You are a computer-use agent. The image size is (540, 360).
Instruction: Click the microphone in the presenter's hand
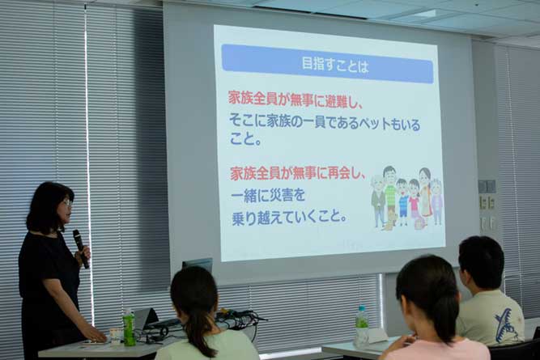(x=81, y=248)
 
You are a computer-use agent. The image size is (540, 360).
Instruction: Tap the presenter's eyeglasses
(x=67, y=202)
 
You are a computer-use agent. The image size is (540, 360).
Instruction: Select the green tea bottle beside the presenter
(x=130, y=327)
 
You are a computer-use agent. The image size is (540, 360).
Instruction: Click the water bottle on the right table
(x=362, y=324)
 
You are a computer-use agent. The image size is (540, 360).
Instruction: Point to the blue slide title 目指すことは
(x=334, y=65)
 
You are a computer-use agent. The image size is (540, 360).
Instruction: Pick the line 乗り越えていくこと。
(x=289, y=218)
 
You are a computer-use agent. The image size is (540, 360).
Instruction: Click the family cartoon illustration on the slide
(x=406, y=198)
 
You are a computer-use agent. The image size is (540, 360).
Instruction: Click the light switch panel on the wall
(x=487, y=187)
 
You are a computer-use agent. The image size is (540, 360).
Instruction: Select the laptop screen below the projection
(x=198, y=265)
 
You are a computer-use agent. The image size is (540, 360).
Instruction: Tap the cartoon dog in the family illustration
(x=389, y=221)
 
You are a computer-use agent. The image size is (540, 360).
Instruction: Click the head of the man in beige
(x=482, y=262)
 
